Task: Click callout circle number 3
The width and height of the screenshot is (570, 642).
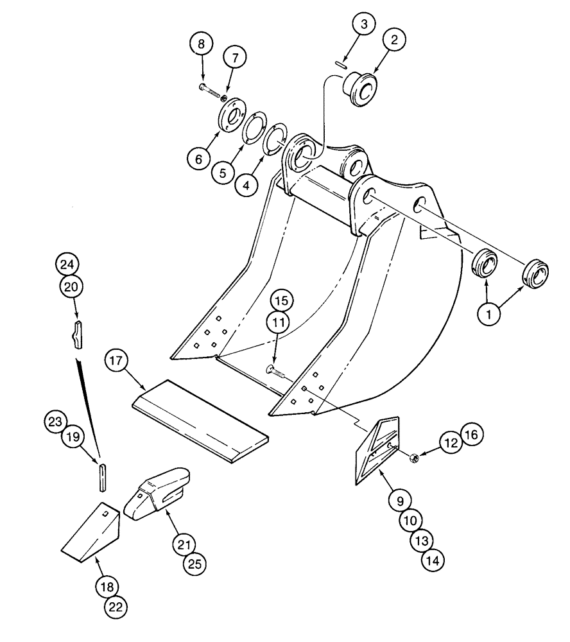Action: (364, 25)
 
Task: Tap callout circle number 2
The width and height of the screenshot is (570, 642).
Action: (394, 40)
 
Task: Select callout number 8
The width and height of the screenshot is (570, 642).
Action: (202, 45)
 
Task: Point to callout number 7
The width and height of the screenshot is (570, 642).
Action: (234, 58)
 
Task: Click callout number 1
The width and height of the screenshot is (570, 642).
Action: (489, 315)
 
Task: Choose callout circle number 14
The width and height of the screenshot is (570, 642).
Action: (432, 560)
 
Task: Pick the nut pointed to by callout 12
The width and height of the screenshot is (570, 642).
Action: (415, 457)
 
